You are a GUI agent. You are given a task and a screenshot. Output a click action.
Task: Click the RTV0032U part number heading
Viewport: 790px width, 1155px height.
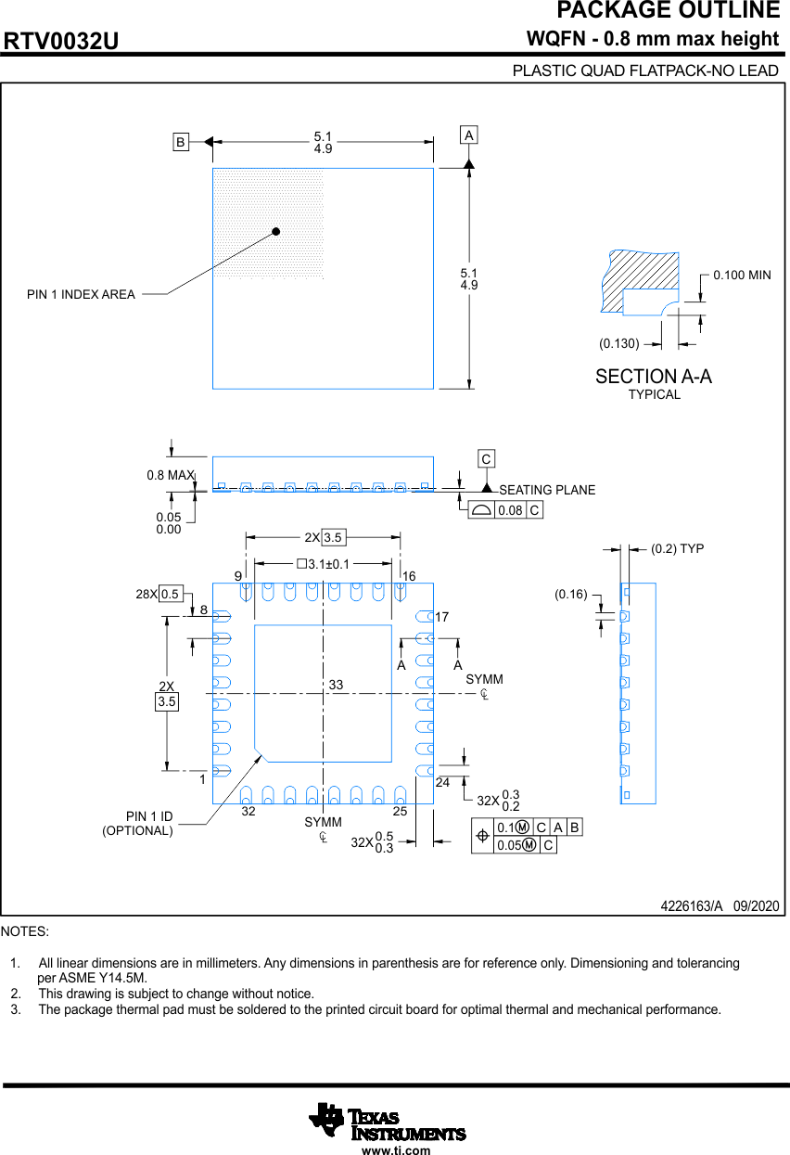(x=61, y=42)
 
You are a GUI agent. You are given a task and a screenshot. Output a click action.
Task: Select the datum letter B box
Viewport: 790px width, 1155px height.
(x=181, y=142)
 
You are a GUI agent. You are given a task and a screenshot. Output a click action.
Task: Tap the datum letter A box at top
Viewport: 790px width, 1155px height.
(x=469, y=135)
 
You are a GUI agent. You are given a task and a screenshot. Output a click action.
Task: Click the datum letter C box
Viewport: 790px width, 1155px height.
(x=486, y=458)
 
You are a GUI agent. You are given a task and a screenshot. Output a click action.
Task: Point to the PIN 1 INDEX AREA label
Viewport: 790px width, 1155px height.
(x=81, y=295)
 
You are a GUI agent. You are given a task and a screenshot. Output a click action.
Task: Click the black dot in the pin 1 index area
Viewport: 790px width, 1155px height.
(x=275, y=232)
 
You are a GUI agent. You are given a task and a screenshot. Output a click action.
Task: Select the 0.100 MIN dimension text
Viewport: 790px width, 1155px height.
(x=742, y=276)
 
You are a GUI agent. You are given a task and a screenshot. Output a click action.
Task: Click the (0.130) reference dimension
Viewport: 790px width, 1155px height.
(x=618, y=343)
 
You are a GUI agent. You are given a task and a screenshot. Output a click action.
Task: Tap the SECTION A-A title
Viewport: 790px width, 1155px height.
(x=654, y=377)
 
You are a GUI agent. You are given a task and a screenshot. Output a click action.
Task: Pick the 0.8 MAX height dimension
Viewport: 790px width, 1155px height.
(x=170, y=475)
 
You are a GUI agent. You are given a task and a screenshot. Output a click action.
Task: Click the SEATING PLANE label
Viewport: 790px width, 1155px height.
(x=547, y=490)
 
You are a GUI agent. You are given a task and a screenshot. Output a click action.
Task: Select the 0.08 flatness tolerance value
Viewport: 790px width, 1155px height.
(x=510, y=510)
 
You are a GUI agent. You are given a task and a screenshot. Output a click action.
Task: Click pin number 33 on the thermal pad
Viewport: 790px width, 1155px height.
(x=336, y=685)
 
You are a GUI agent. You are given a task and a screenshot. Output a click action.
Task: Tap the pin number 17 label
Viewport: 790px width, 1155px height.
(x=442, y=617)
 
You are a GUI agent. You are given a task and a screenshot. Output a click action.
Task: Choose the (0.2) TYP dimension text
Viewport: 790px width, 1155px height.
(x=677, y=549)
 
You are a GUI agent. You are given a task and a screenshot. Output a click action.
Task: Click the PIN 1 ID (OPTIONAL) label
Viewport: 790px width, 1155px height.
(x=138, y=824)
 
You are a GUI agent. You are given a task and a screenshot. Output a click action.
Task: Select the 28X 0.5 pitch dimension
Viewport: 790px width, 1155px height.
(x=159, y=594)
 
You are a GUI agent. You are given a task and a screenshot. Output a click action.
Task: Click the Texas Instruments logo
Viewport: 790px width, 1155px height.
(x=388, y=1123)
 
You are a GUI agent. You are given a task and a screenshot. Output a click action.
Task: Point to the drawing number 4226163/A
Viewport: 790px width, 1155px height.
(x=691, y=906)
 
